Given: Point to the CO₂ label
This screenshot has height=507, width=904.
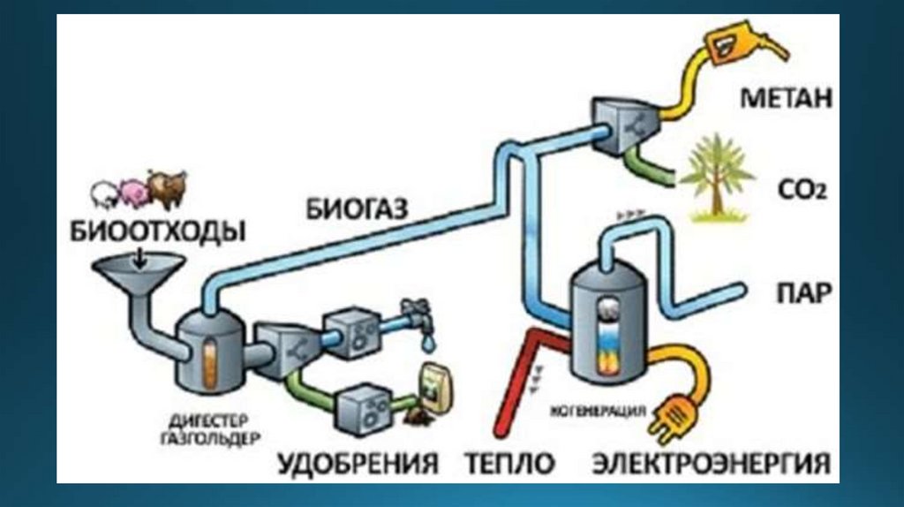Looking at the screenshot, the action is pos(802,189).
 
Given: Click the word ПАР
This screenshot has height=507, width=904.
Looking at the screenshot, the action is pos(804,293).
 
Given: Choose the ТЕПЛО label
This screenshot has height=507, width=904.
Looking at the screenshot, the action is pos(509,463).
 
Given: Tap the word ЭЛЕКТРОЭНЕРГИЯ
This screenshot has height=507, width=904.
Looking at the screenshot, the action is pos(712,463).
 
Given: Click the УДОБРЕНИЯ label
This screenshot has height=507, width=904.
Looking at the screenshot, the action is pos(358,463).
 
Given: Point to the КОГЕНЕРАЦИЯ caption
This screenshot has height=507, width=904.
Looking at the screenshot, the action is pos(598,412).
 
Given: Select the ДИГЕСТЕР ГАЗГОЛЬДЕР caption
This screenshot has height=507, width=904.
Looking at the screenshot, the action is pos(210,428).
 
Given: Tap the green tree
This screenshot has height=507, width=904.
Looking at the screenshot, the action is pos(717,178).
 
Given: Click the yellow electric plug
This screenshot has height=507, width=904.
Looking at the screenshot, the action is pos(673,417).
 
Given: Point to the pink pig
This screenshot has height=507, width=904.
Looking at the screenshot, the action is pos(133,192).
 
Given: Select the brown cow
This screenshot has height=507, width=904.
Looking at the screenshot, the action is pos(167,188).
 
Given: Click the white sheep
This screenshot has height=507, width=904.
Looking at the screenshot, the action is pos(106,195).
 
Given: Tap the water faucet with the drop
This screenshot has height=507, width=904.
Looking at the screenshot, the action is pos(419,323).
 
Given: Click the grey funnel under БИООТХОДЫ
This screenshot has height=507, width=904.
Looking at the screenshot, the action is pos(139,275).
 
